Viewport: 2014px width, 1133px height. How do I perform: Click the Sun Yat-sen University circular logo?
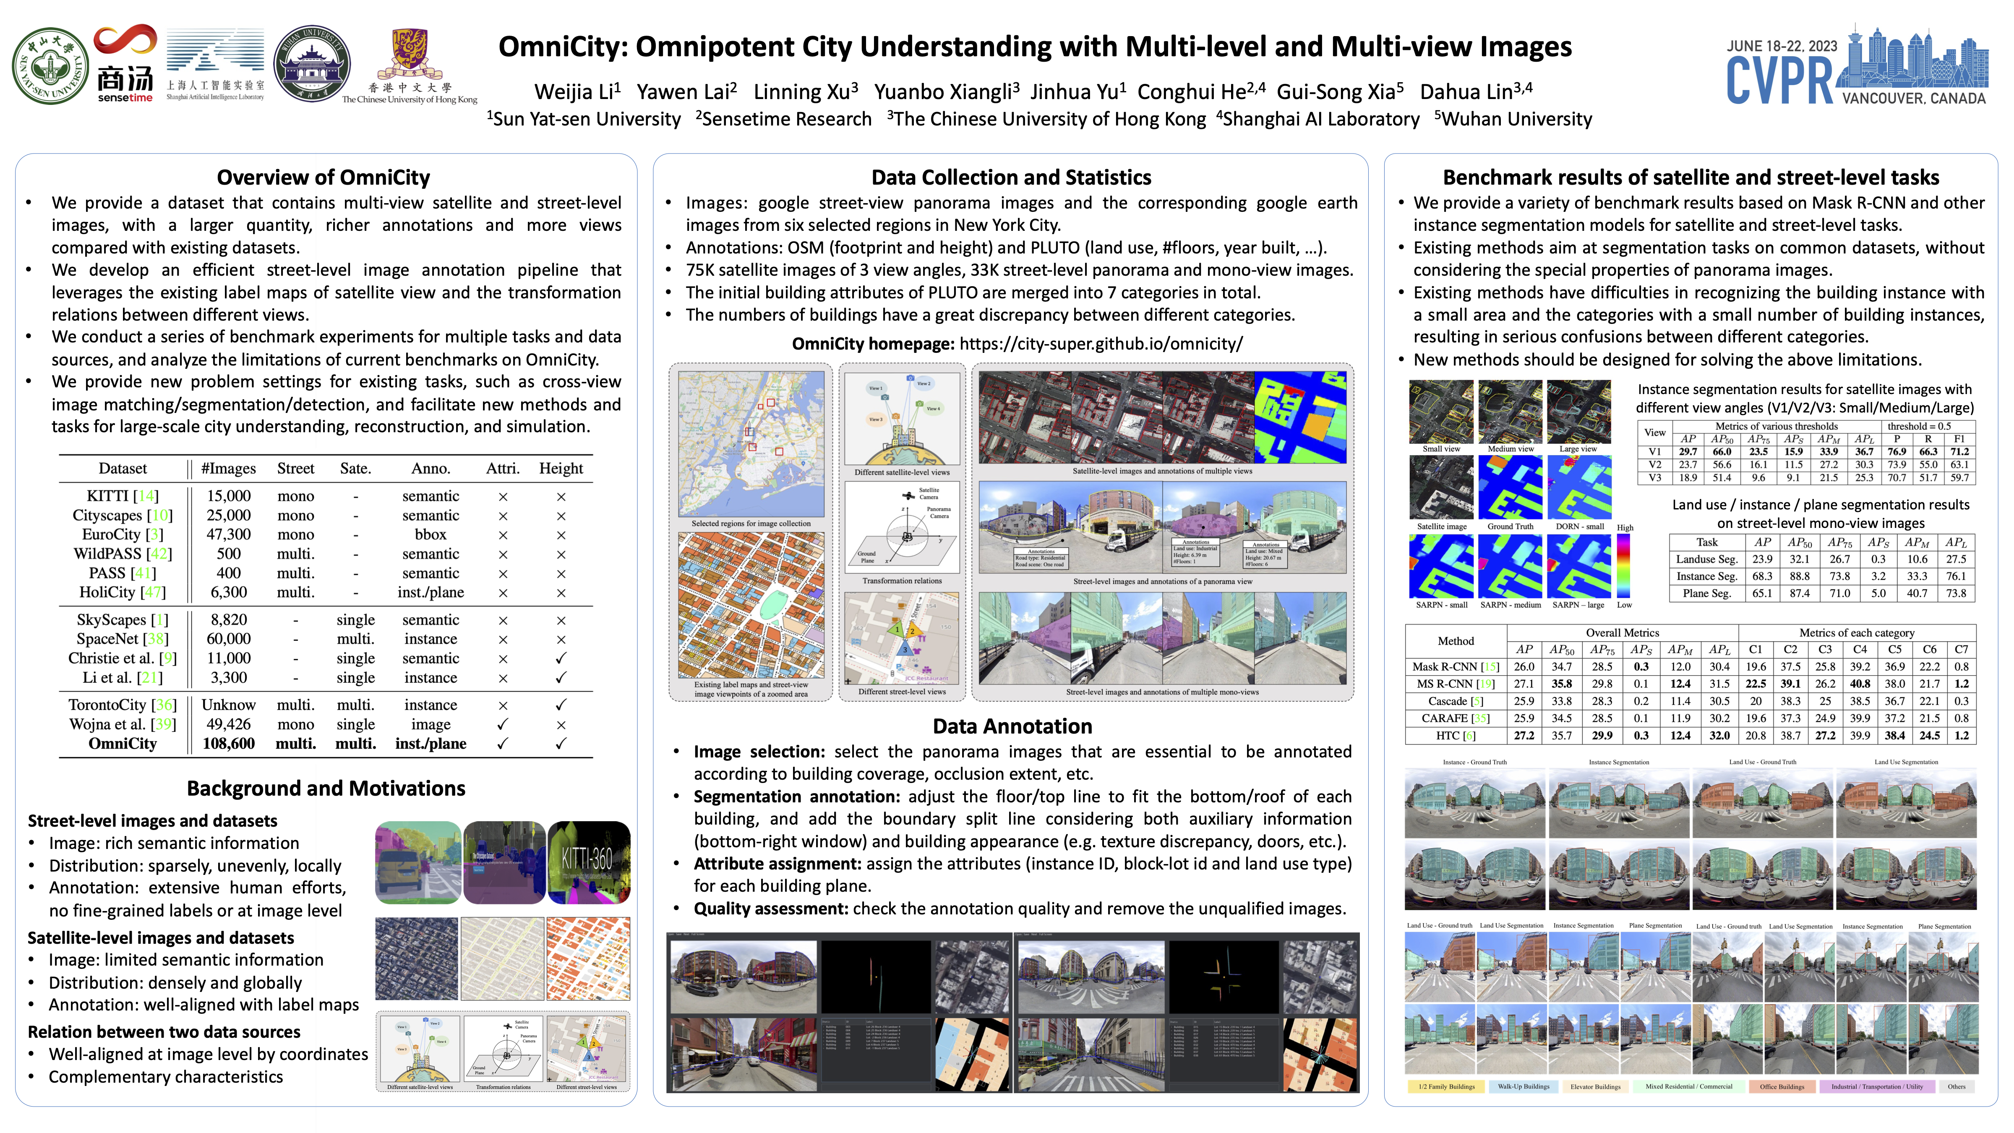pos(50,66)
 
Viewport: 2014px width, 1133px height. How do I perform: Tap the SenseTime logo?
pos(125,66)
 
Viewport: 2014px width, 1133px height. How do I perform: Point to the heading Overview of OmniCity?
pos(323,178)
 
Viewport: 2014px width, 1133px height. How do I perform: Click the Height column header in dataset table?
pos(561,468)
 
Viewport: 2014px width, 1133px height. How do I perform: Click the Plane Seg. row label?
pos(1707,593)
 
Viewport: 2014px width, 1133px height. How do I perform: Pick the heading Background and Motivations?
pos(326,788)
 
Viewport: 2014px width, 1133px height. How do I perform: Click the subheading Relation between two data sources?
pos(164,1032)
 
